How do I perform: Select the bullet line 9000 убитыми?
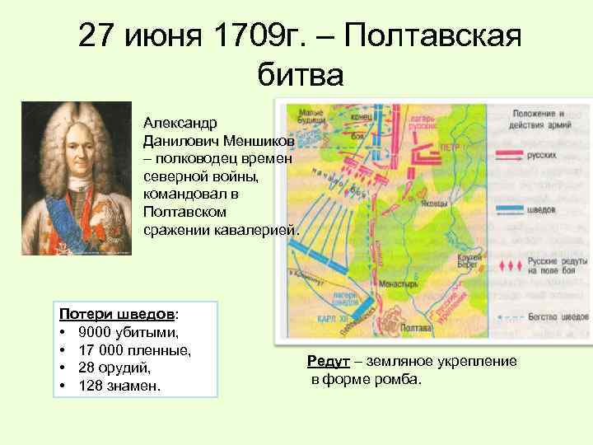pyautogui.click(x=128, y=332)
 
